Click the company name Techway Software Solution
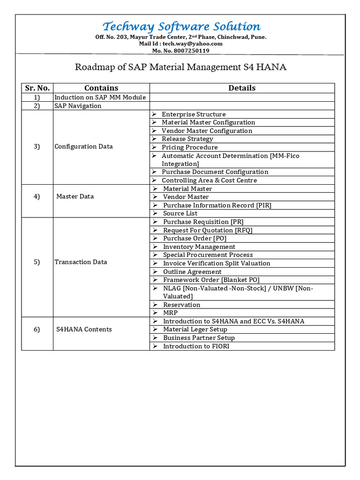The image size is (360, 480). tap(181, 26)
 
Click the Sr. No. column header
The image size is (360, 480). tap(37, 88)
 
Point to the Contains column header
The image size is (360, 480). tap(101, 88)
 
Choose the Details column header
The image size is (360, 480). tap(242, 88)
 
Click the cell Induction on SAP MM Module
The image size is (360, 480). tap(100, 97)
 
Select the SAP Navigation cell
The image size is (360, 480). tap(78, 106)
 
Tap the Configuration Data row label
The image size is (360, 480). tap(83, 146)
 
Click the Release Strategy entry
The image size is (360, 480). tap(187, 139)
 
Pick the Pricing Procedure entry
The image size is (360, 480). tap(189, 147)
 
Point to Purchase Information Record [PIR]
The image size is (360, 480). tap(217, 205)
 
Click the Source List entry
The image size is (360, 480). tap(180, 213)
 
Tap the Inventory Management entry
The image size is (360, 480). tap(199, 247)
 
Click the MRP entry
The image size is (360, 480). tap(170, 313)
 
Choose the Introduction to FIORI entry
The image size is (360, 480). tap(196, 346)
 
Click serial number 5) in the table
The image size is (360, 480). tap(37, 262)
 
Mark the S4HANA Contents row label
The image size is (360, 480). tap(84, 330)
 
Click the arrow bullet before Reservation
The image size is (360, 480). tap(155, 305)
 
